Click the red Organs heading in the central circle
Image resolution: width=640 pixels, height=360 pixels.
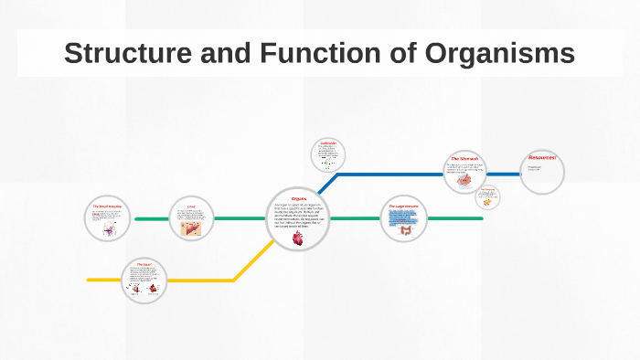298,198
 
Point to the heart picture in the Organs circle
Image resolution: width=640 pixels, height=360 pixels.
298,238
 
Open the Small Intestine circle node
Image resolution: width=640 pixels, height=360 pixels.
109,219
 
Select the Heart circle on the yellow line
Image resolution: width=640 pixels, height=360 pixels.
144,280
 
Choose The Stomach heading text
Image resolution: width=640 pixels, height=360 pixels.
465,159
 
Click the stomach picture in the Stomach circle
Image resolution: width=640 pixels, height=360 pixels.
464,180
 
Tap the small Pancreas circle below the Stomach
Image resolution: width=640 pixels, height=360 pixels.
490,197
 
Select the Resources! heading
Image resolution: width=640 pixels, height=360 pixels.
541,158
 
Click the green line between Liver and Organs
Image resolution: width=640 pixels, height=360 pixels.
240,219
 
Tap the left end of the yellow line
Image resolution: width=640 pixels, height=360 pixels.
90,280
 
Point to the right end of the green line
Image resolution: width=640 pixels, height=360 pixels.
481,219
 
